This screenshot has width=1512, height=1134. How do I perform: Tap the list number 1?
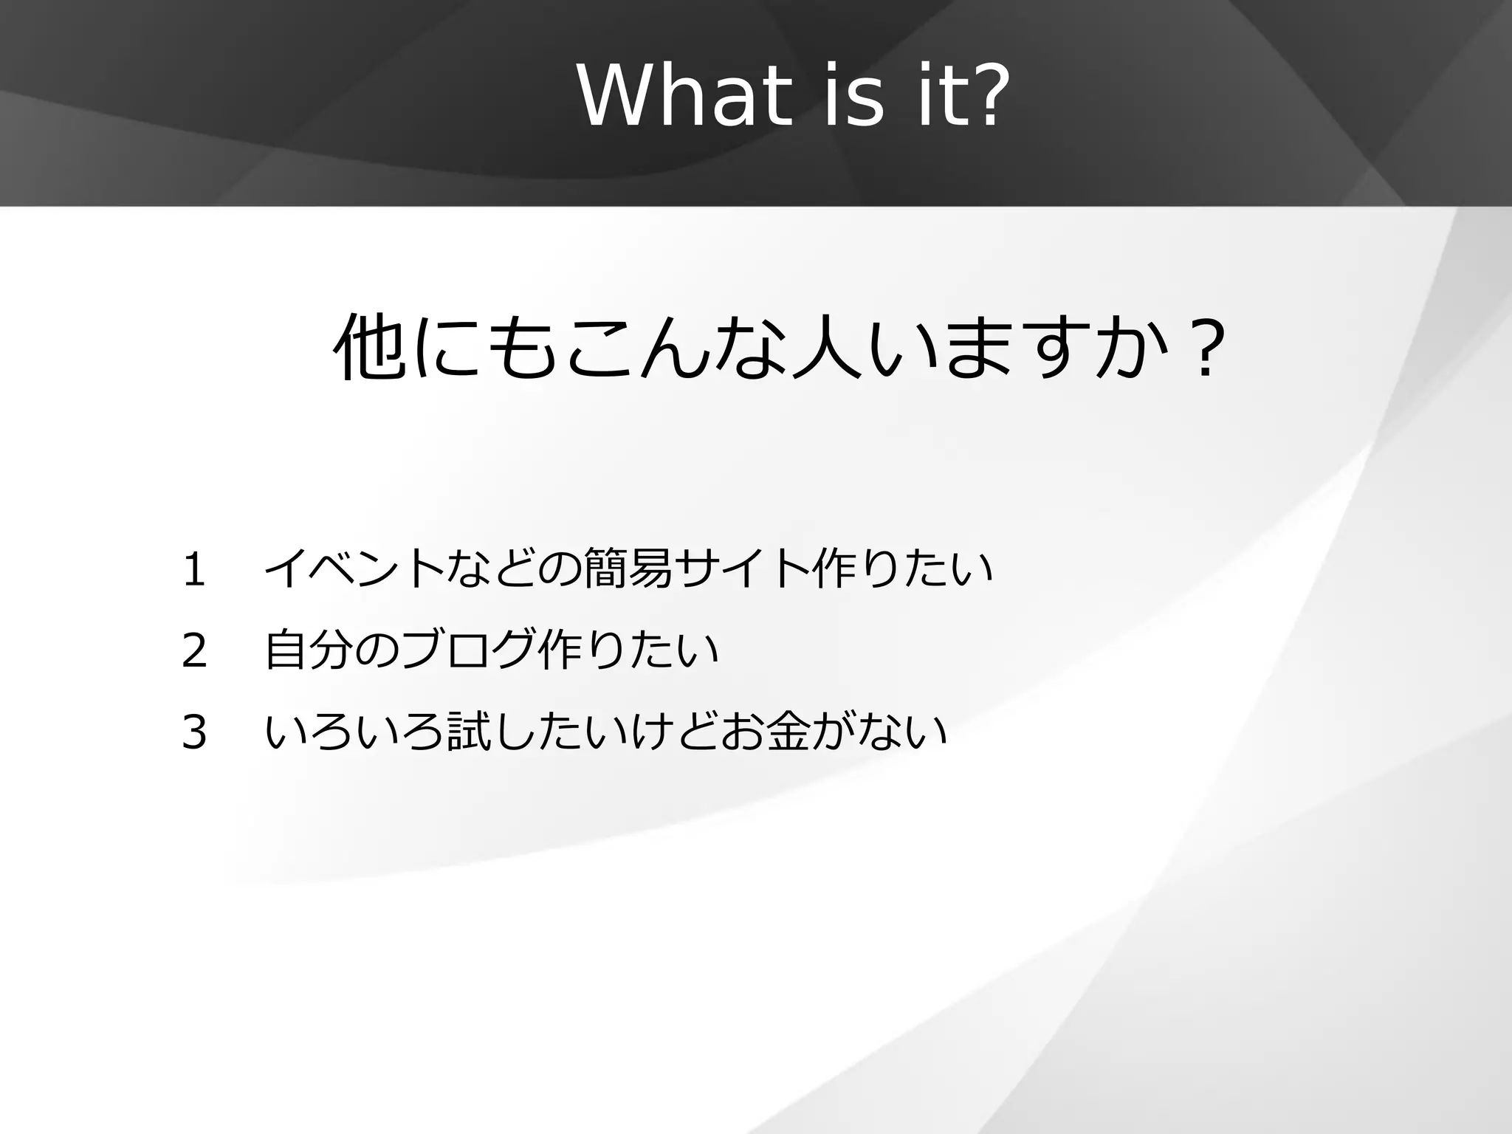(193, 570)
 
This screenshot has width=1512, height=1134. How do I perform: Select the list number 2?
(193, 651)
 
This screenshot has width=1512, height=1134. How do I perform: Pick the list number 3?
(193, 733)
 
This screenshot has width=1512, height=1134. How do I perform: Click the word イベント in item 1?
(354, 570)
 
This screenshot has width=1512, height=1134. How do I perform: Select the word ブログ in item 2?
(468, 651)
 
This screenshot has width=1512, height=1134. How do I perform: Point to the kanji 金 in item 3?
(788, 733)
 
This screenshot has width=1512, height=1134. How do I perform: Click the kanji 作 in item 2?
(560, 651)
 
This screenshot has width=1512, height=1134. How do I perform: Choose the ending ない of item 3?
(902, 733)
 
